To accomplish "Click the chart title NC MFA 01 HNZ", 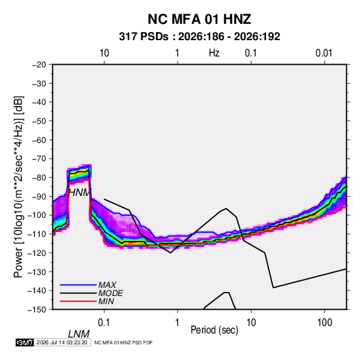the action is (199, 19).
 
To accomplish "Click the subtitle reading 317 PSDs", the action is (144, 37).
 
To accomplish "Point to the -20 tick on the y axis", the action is (39, 65).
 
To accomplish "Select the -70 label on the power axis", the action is (39, 159).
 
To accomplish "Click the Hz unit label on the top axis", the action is (214, 53).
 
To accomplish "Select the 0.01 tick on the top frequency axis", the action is (324, 53).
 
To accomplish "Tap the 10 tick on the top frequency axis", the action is (104, 53).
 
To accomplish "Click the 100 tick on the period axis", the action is (325, 323).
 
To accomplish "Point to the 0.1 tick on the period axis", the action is (104, 323).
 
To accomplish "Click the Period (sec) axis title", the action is (214, 330).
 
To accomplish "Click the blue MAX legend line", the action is (78, 284).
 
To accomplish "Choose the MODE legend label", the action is (110, 293).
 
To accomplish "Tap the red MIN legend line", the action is (78, 301).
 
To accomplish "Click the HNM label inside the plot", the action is (80, 193).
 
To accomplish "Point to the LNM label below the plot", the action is (79, 334).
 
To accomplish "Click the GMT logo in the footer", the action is (25, 342).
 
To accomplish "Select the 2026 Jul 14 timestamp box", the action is (62, 342).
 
